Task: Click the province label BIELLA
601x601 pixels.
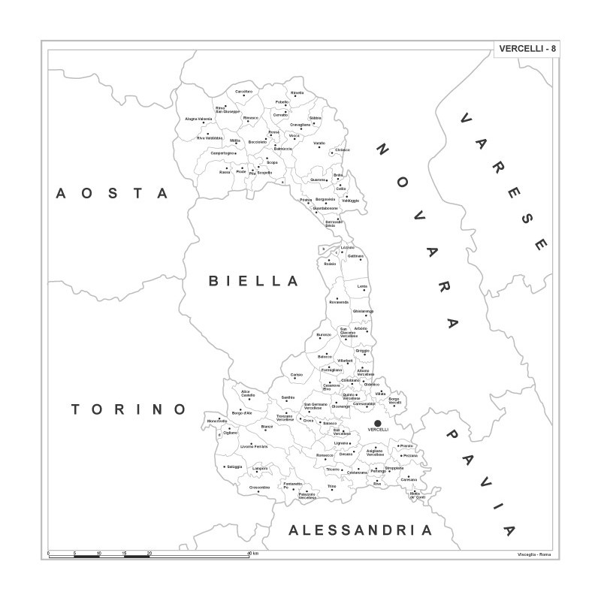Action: [x=254, y=282]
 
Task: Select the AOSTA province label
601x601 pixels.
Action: [x=113, y=194]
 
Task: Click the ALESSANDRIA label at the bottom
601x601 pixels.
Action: [x=361, y=530]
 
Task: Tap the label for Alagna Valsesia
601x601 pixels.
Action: [x=199, y=119]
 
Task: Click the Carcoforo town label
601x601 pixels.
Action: [x=244, y=91]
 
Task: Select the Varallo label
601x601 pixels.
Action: [x=319, y=143]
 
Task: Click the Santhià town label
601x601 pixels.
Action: [x=288, y=397]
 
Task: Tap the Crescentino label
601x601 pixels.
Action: [x=259, y=488]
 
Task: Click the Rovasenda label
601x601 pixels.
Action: [x=339, y=302]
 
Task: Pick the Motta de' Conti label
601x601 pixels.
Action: [x=417, y=495]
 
